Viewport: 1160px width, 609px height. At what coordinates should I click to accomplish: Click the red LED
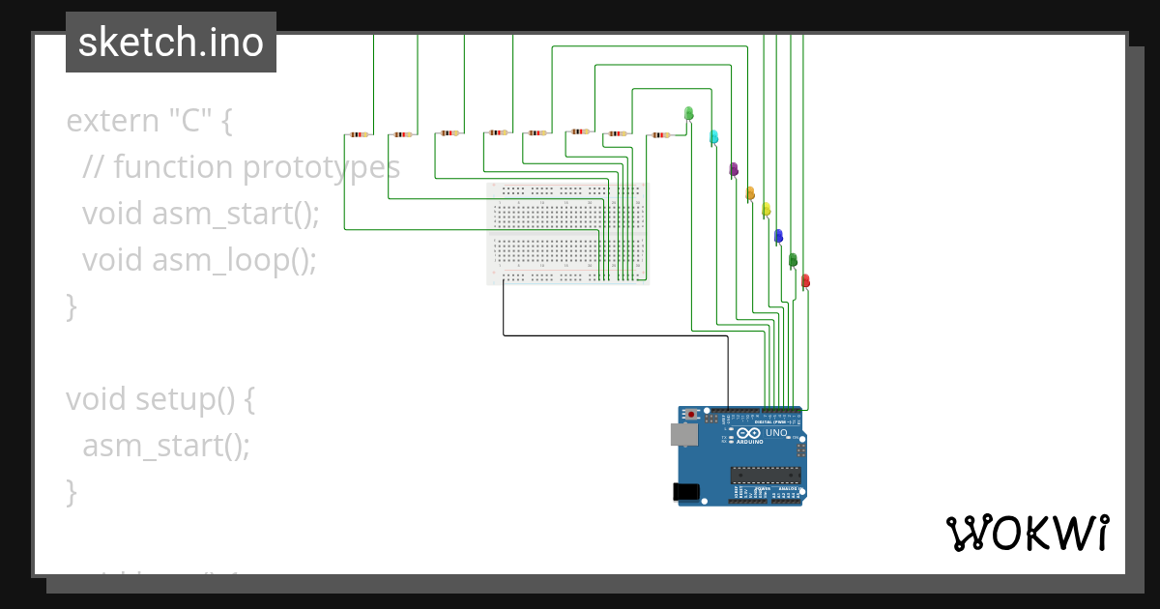click(x=805, y=280)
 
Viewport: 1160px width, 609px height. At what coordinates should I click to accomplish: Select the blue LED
click(x=778, y=235)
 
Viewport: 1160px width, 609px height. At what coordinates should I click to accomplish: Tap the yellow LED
click(x=766, y=209)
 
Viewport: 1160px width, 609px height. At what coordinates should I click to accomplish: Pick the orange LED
click(x=749, y=193)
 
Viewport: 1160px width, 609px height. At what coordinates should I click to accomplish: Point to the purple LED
click(x=734, y=169)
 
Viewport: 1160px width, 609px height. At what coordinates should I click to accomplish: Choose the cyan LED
click(x=713, y=136)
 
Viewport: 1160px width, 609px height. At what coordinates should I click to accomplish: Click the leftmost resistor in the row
click(x=358, y=134)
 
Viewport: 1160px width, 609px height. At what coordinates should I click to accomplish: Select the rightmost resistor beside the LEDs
click(x=659, y=135)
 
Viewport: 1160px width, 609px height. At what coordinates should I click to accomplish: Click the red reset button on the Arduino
click(x=691, y=415)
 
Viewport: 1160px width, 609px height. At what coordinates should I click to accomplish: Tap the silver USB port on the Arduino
click(x=684, y=436)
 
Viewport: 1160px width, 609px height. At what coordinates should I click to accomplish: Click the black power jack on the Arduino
click(x=686, y=492)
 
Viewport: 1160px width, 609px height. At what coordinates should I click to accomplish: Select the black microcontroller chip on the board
click(x=766, y=474)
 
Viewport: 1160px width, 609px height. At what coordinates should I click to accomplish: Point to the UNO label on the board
click(x=776, y=432)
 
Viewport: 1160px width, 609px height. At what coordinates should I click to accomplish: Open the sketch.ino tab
click(x=171, y=43)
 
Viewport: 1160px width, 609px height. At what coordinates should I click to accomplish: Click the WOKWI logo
click(x=1027, y=533)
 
